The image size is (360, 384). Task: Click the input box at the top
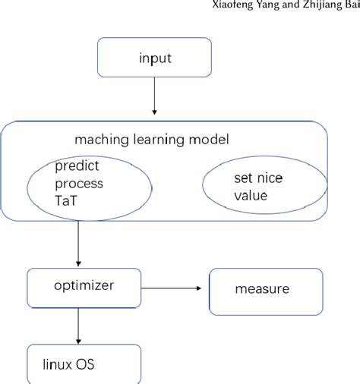[x=156, y=58]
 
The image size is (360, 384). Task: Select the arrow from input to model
[x=155, y=96]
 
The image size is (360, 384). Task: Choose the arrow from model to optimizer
[x=78, y=244]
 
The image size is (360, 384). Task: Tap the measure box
[x=261, y=289]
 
